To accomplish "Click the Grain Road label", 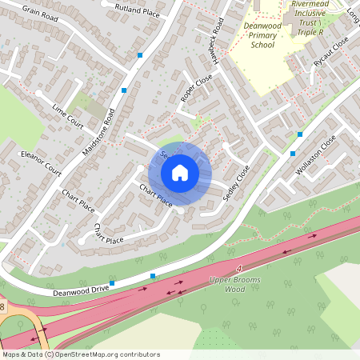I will coord(41,13).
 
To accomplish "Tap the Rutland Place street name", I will coord(137,11).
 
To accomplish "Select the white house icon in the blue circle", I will coord(179,173).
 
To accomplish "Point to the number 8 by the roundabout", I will coord(2,306).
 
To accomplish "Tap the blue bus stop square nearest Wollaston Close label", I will coord(293,153).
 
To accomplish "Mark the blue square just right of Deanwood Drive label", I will coord(112,284).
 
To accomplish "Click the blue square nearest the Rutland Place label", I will coord(141,55).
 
